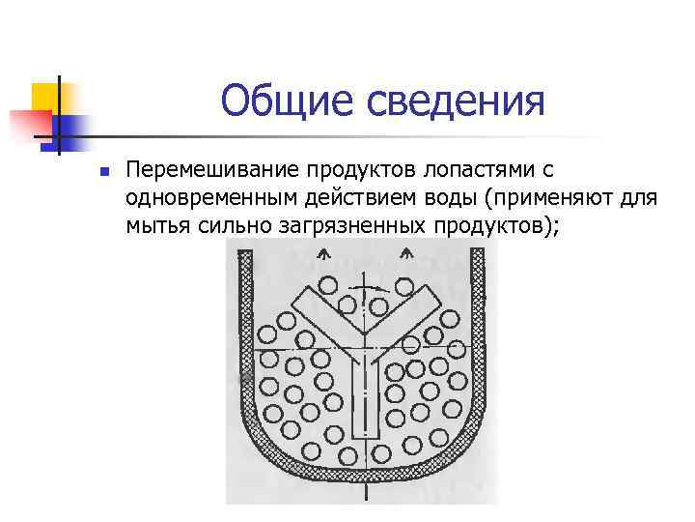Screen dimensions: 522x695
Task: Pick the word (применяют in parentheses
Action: [554, 198]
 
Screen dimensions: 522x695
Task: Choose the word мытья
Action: [153, 226]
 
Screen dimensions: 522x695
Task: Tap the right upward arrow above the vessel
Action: [406, 256]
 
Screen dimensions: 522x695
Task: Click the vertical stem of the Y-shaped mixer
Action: [366, 396]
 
